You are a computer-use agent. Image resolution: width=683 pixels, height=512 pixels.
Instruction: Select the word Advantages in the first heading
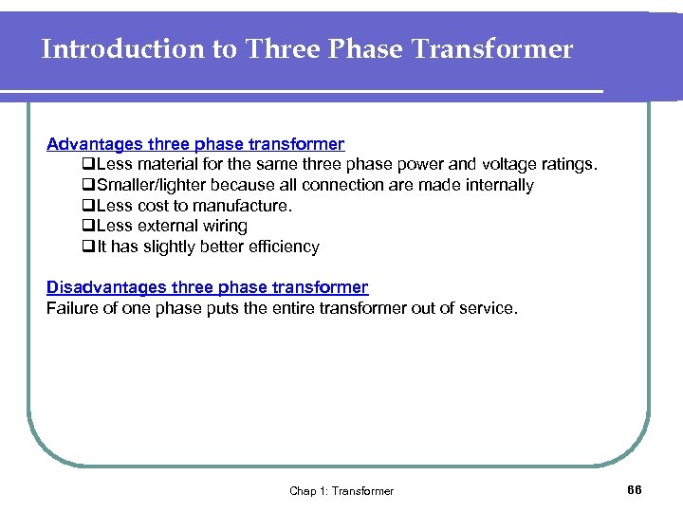click(x=94, y=144)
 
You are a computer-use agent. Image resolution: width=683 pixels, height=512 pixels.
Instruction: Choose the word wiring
click(x=224, y=226)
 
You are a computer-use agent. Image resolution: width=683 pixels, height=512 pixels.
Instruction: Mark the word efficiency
click(x=283, y=247)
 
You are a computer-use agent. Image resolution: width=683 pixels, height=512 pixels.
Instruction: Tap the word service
click(x=490, y=307)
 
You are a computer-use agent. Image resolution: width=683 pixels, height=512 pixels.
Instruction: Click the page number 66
click(x=635, y=489)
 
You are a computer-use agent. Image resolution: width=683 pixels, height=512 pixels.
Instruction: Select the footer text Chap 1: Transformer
click(x=341, y=490)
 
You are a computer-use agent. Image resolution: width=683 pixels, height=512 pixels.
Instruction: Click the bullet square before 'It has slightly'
click(x=87, y=247)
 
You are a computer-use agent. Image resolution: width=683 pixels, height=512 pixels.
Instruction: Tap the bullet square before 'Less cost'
click(x=87, y=206)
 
